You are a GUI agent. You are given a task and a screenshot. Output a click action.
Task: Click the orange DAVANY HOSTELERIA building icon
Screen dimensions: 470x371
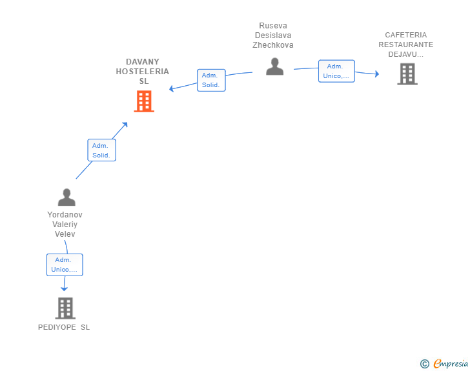(x=144, y=101)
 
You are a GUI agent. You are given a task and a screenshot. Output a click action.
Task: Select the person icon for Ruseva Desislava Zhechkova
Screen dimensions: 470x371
(x=274, y=66)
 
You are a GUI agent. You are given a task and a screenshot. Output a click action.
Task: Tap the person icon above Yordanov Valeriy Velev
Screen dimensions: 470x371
(x=66, y=197)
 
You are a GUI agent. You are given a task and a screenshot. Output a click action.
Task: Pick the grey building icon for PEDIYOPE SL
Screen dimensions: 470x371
(x=65, y=308)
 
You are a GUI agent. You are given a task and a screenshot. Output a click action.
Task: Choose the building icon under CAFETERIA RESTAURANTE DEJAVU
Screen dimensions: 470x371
(x=407, y=74)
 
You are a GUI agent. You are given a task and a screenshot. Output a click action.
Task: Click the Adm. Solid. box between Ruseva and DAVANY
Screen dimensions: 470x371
(x=211, y=80)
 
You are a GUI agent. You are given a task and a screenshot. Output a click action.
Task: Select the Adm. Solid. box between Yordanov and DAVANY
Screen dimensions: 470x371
(x=101, y=150)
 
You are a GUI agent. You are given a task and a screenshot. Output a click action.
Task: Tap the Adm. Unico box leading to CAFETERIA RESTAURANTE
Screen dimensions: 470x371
(x=336, y=71)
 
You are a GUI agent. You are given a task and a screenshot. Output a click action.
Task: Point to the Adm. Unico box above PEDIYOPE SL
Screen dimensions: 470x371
(x=65, y=265)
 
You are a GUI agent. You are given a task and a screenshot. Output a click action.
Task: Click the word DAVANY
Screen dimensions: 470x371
(x=143, y=62)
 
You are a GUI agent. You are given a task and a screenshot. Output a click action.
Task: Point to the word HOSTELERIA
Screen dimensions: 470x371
(x=143, y=72)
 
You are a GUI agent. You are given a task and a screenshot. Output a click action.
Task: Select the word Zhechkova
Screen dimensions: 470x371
(x=272, y=45)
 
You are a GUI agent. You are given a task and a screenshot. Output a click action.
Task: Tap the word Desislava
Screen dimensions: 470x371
(x=273, y=35)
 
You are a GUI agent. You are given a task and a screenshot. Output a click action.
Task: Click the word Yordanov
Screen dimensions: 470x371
(x=65, y=215)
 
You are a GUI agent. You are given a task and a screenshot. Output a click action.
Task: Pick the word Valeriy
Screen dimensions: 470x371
(x=65, y=225)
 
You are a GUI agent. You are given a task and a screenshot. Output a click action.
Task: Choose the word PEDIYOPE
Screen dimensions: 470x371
(x=57, y=327)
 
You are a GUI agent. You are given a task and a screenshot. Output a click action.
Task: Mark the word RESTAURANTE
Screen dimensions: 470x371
(x=406, y=45)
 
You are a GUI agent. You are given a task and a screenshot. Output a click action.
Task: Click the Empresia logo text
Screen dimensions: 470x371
(x=451, y=363)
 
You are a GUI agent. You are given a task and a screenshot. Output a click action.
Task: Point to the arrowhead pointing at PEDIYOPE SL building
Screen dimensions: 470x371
(x=64, y=289)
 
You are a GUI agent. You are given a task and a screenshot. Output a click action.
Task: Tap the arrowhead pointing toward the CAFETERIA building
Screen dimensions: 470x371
(x=377, y=74)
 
